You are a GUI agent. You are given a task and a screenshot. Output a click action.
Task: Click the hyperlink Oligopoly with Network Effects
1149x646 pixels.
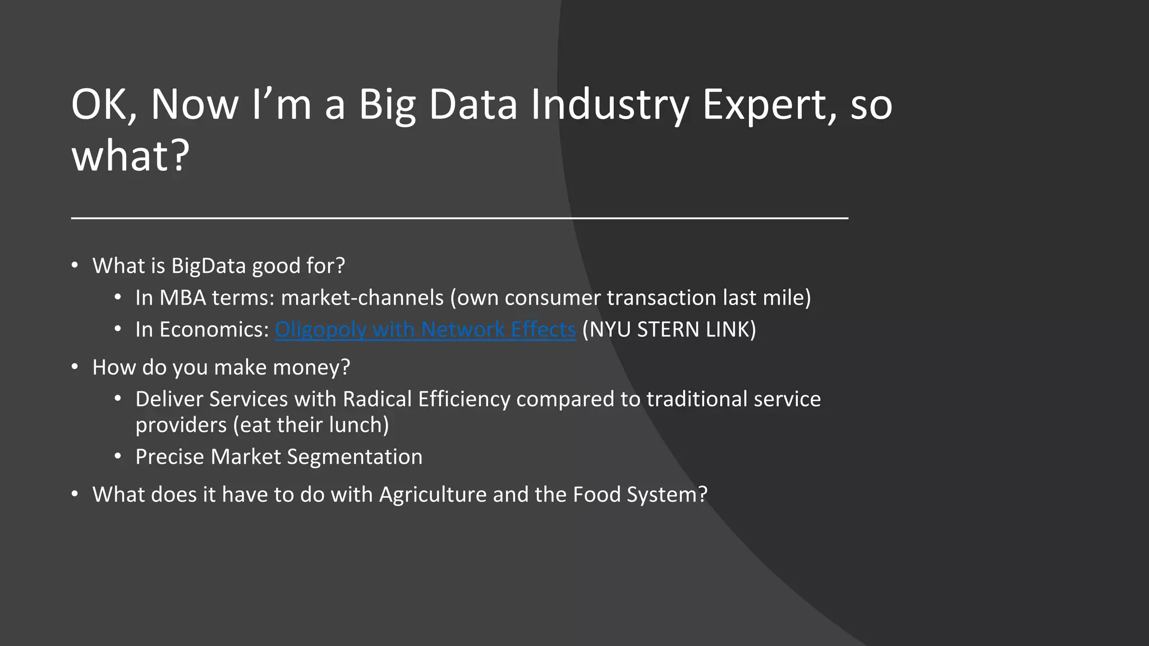(x=425, y=330)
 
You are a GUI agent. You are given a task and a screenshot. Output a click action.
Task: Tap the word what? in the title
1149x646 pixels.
(x=131, y=156)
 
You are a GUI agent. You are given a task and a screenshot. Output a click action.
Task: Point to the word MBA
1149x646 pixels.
(x=182, y=298)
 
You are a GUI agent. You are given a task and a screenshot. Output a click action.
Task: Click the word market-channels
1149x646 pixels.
(x=362, y=298)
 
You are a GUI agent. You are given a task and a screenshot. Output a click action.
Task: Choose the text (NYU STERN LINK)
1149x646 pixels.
(x=669, y=330)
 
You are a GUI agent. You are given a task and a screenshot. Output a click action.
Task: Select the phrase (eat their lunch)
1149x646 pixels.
(x=310, y=425)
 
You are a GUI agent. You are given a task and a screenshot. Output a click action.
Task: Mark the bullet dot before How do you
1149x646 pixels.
(x=75, y=367)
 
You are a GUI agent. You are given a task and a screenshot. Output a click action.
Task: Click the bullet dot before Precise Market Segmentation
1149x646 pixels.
(x=117, y=456)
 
